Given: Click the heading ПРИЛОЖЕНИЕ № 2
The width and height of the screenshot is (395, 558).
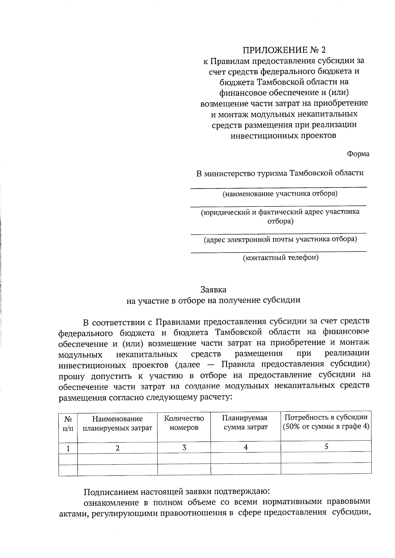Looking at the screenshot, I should (284, 50).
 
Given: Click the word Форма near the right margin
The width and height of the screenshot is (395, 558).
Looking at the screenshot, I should (358, 154).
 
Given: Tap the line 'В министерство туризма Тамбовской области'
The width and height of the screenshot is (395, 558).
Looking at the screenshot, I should (280, 173).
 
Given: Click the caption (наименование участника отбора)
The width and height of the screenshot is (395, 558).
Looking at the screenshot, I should (280, 193).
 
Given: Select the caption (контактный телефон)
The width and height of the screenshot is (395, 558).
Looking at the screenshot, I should (280, 257).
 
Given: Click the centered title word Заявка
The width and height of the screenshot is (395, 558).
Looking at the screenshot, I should (214, 290).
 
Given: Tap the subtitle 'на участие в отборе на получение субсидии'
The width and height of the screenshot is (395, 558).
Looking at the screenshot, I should (214, 300).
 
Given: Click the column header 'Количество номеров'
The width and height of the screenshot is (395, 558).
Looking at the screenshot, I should (184, 423).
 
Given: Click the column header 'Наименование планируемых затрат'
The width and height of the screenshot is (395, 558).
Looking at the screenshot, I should (117, 423).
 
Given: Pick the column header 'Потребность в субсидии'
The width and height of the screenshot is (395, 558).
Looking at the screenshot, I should (326, 418).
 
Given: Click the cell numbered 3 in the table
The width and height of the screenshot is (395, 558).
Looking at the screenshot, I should (184, 448).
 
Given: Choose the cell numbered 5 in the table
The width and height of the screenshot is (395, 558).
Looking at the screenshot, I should (326, 447).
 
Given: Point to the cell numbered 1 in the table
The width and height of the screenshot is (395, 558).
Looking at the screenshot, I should (68, 448).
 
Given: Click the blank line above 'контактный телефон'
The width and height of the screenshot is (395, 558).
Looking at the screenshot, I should (278, 252).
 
